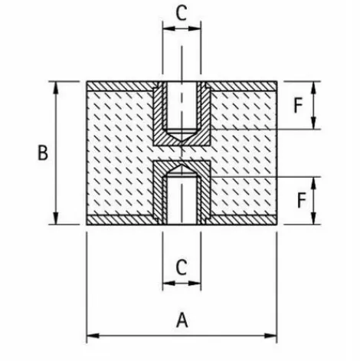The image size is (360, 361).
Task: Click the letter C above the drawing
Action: pyautogui.click(x=182, y=13)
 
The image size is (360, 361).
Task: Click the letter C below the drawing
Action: pyautogui.click(x=182, y=267)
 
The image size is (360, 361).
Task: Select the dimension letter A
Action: pyautogui.click(x=182, y=320)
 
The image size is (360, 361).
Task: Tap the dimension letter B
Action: pyautogui.click(x=43, y=153)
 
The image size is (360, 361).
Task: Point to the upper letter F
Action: pyautogui.click(x=298, y=105)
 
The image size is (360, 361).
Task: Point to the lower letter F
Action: pyautogui.click(x=302, y=200)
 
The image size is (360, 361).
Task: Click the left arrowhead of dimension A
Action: pyautogui.click(x=93, y=336)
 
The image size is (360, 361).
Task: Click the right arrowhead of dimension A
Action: pyautogui.click(x=271, y=336)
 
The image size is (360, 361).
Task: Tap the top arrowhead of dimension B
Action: pyautogui.click(x=55, y=87)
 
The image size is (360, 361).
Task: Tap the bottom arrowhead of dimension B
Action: pyautogui.click(x=55, y=218)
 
